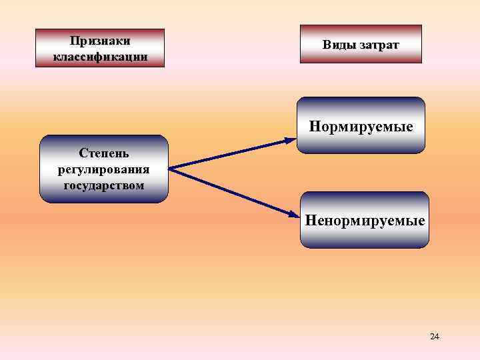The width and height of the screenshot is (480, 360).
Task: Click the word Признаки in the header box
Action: coord(99,41)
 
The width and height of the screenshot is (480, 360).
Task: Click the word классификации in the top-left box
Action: coord(99,56)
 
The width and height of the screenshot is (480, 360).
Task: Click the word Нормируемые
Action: coord(361,126)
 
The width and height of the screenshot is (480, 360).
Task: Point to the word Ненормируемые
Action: coord(365,219)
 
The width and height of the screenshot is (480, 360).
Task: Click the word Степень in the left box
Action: coord(103,154)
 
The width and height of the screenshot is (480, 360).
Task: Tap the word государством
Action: coord(103,184)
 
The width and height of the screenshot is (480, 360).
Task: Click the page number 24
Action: coord(435,336)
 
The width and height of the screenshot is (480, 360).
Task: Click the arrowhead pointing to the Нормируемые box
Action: coord(291,140)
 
